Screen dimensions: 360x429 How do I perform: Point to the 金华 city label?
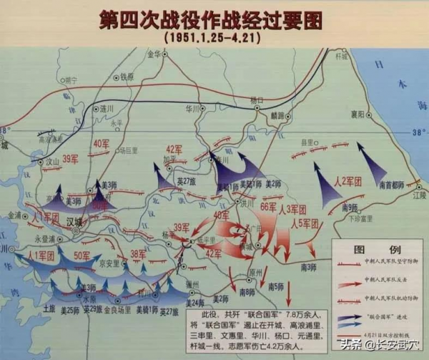155,54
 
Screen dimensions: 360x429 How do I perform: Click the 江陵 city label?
419,194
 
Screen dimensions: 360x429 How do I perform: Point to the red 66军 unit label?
268,208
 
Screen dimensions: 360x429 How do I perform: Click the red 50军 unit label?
82,256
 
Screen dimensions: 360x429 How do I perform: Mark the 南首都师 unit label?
390,185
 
